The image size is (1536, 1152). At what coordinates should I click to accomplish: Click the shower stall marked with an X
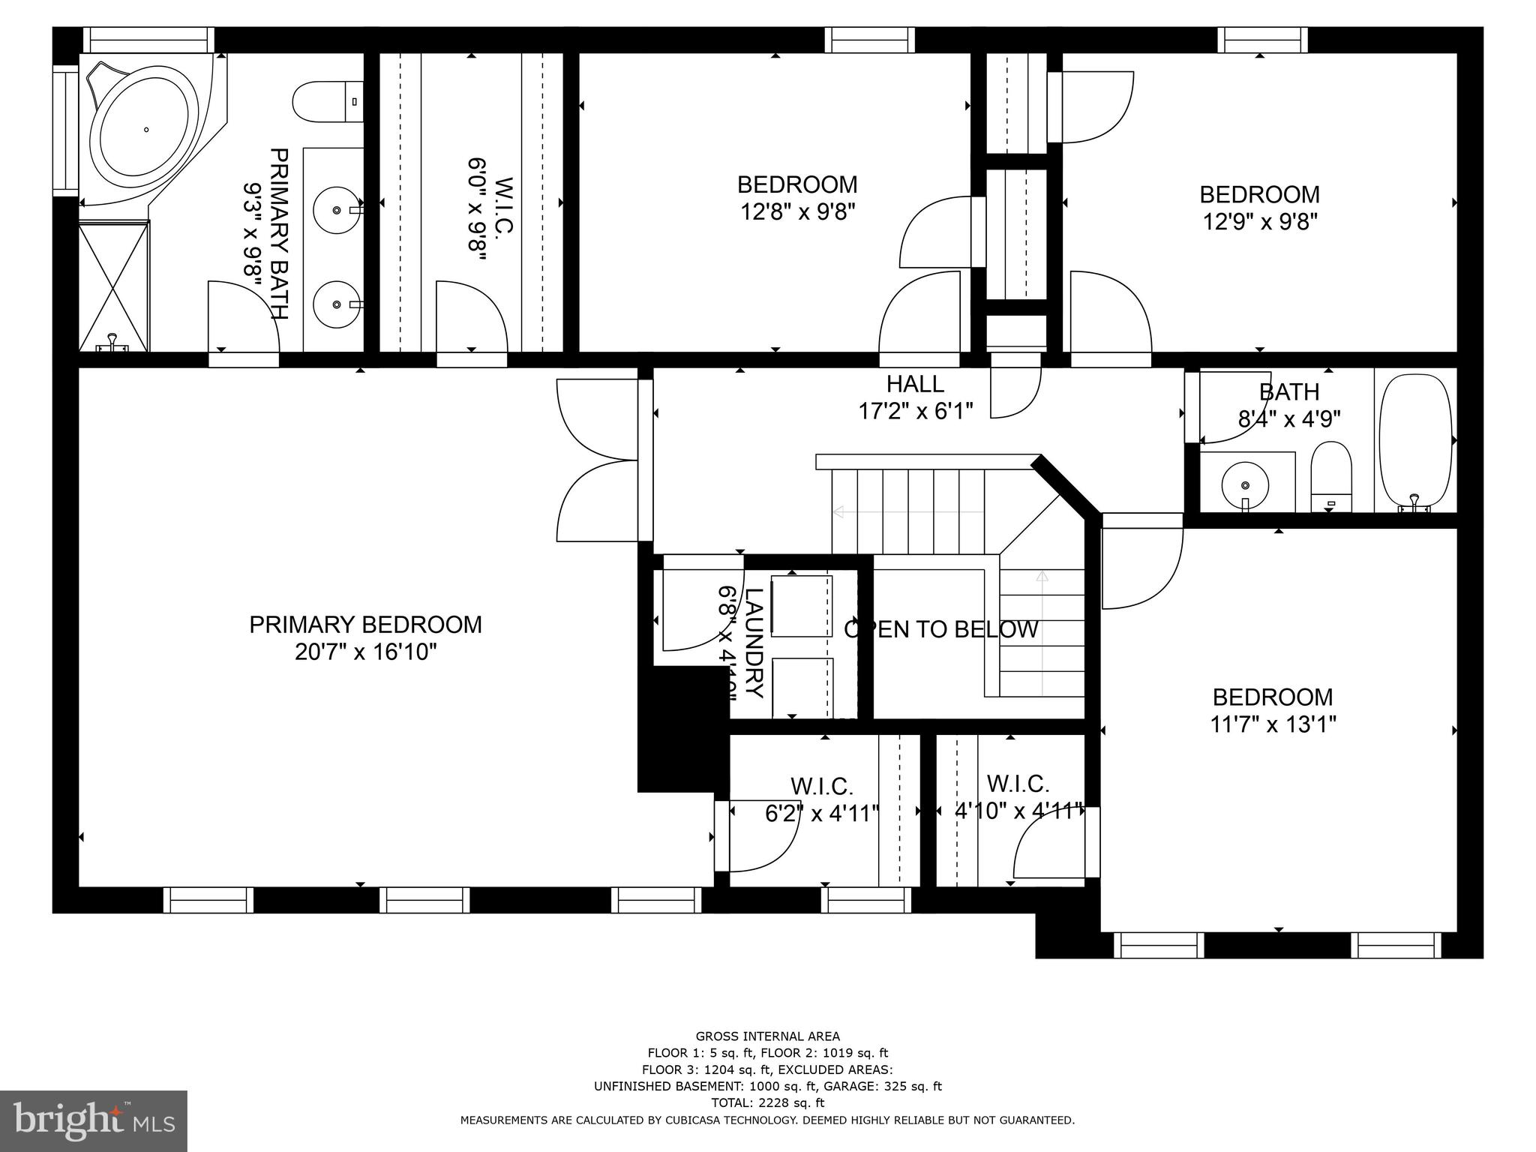[114, 286]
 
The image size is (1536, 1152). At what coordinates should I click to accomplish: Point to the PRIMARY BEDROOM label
[365, 625]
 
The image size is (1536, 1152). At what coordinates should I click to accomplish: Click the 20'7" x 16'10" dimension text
[365, 652]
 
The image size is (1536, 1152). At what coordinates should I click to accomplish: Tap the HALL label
[915, 384]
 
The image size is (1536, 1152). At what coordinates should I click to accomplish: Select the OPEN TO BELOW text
[941, 629]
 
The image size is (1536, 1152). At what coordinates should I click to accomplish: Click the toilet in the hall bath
[1330, 476]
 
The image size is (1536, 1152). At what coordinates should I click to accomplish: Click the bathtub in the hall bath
[1414, 442]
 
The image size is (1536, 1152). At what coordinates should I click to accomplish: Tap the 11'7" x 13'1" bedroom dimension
[1273, 724]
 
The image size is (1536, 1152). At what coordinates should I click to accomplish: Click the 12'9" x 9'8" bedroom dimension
[1259, 222]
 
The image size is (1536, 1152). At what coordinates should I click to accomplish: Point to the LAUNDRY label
[754, 643]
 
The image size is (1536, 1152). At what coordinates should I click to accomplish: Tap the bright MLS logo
[93, 1120]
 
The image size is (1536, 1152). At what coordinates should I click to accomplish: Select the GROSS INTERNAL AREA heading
[767, 1037]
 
